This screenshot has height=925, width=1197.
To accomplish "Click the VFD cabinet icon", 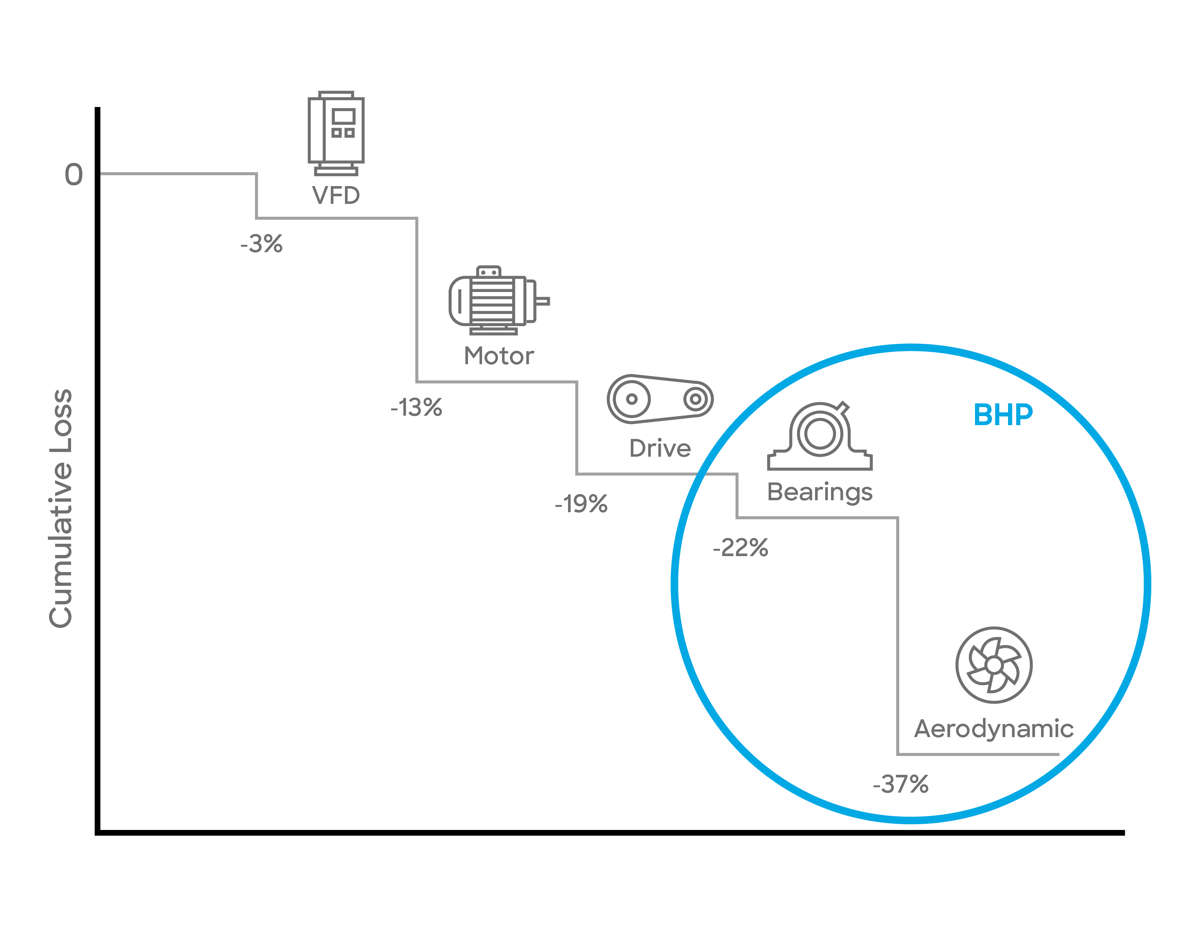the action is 336,133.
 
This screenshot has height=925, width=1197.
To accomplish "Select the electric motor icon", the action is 499,300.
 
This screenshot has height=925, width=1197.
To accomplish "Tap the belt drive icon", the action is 660,399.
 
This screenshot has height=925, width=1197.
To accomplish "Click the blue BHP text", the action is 1003,415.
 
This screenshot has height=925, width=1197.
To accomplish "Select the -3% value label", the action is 262,244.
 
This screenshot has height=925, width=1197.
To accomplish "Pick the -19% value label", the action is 581,503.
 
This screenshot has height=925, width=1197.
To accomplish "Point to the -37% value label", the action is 901,784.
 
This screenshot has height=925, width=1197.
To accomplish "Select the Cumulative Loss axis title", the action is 61,509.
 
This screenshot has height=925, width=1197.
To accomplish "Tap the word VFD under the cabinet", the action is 336,195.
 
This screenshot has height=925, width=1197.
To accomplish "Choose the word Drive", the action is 660,448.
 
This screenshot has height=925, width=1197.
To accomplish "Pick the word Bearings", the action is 820,493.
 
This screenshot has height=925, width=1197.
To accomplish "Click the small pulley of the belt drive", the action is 695,399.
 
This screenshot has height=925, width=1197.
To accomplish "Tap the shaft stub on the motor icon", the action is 542,301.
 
